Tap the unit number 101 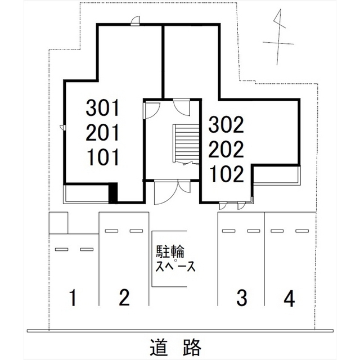point(104,157)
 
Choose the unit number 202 point(227,150)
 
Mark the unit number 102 point(227,175)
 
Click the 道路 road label point(176,348)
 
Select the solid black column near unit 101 point(113,193)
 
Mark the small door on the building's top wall point(135,21)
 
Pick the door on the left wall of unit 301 point(63,128)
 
